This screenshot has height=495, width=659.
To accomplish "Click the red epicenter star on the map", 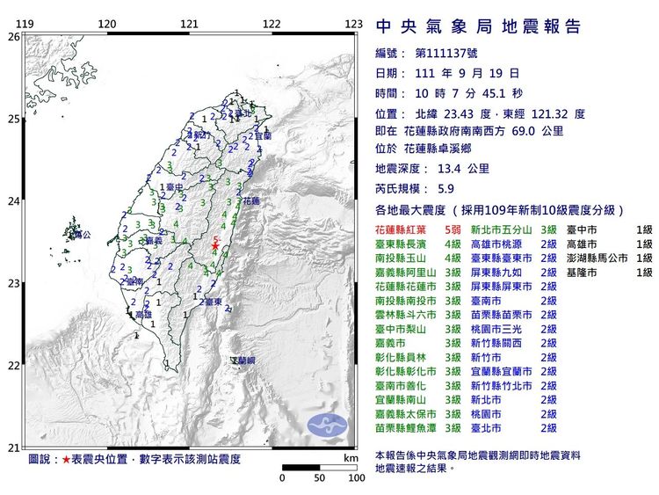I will click(215, 247).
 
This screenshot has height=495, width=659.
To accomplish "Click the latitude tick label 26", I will click(13, 37).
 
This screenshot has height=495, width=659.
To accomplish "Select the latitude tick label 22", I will click(13, 366).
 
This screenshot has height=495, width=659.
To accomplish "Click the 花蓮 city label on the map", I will click(250, 200).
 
